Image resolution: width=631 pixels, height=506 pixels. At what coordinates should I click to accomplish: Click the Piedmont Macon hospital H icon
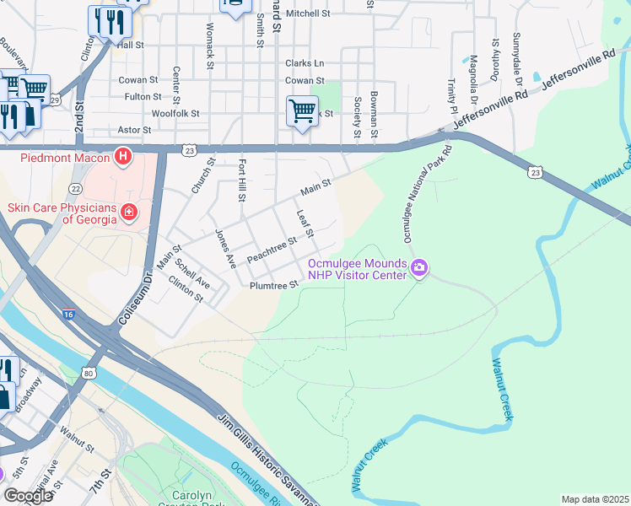(123, 156)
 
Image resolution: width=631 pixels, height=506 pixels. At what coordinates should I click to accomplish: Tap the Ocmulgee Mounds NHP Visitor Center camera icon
(419, 269)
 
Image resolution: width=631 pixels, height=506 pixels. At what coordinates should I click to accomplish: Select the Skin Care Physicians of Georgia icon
(128, 212)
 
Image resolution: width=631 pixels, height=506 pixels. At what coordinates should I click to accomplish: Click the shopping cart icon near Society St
(302, 110)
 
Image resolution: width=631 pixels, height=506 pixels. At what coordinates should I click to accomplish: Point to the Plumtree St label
(275, 286)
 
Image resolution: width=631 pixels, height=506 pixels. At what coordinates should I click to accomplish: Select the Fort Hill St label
(242, 180)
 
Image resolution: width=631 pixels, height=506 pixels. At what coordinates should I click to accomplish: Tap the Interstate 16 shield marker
(68, 313)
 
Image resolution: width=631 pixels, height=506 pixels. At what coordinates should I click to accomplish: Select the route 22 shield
(75, 189)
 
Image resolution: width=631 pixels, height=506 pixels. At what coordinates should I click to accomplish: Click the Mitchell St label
(308, 13)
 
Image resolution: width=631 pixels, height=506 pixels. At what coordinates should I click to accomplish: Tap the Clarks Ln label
(305, 63)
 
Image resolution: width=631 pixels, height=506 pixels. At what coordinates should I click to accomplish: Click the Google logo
(28, 496)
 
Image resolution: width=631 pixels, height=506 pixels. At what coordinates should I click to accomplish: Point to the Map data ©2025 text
(595, 499)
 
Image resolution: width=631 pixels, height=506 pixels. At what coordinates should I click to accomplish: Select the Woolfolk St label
(175, 113)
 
